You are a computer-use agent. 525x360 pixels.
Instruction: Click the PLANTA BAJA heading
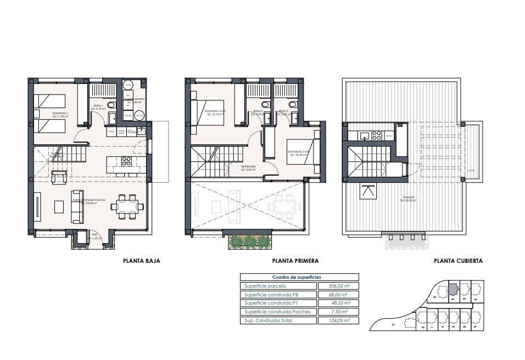pyautogui.click(x=141, y=261)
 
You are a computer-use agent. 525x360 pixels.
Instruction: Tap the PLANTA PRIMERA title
pyautogui.click(x=295, y=261)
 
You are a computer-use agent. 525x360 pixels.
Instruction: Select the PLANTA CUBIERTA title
pyautogui.click(x=458, y=261)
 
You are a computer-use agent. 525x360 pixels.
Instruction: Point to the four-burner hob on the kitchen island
pyautogui.click(x=126, y=161)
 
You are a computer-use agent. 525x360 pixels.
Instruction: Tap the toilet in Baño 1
pyautogui.click(x=111, y=104)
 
